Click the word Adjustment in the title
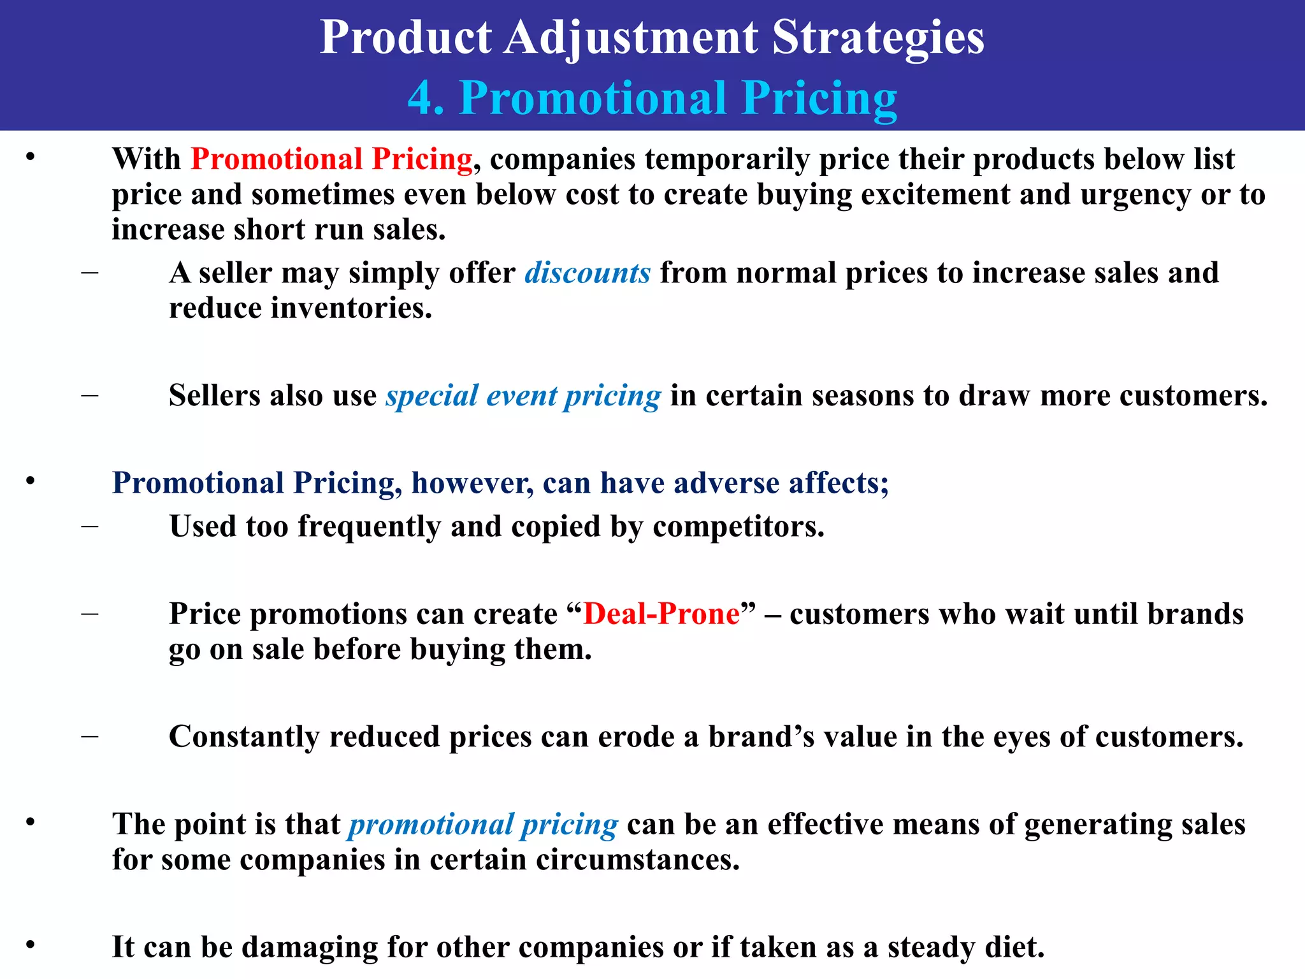[x=631, y=37]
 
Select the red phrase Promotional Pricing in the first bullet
[x=331, y=159]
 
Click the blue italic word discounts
[x=587, y=273]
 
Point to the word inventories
[x=351, y=308]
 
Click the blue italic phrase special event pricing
[x=523, y=396]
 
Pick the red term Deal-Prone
[x=661, y=614]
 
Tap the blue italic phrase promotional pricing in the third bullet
[x=482, y=824]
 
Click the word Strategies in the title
[x=878, y=37]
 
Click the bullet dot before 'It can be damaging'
[x=30, y=945]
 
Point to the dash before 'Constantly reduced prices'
[x=90, y=737]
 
